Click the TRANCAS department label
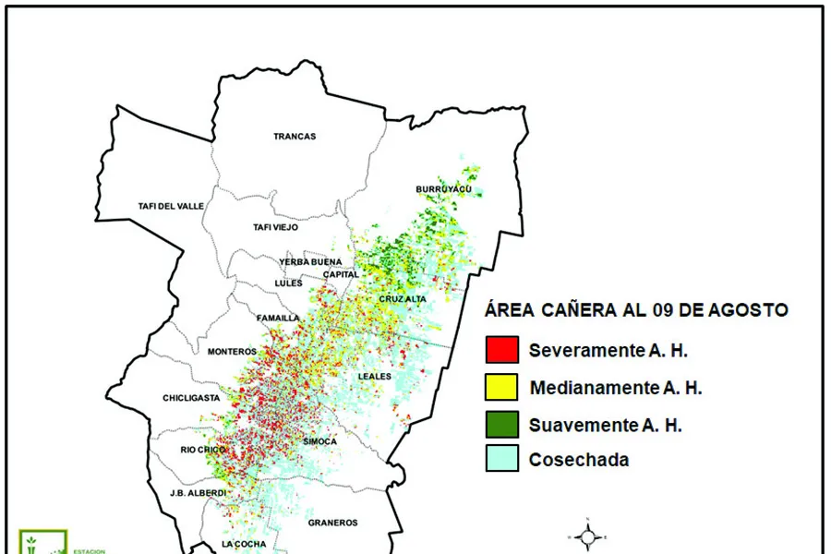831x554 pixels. click(295, 137)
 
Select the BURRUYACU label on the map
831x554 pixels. click(443, 189)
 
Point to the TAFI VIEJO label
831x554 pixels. click(276, 227)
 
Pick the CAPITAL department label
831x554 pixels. click(341, 274)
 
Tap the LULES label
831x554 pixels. click(288, 283)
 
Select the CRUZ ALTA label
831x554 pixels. click(403, 299)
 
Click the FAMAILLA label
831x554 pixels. click(278, 319)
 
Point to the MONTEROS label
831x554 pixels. click(232, 352)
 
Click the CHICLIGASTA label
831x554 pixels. click(189, 399)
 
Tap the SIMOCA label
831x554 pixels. click(319, 442)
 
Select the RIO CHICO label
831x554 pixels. click(200, 451)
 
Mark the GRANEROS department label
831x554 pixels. click(332, 523)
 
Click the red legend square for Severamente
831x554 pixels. click(501, 350)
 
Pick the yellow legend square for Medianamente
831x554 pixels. click(501, 387)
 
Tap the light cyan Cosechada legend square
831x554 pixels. click(501, 459)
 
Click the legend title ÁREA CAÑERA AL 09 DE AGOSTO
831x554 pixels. click(636, 310)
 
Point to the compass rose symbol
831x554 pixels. click(587, 535)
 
